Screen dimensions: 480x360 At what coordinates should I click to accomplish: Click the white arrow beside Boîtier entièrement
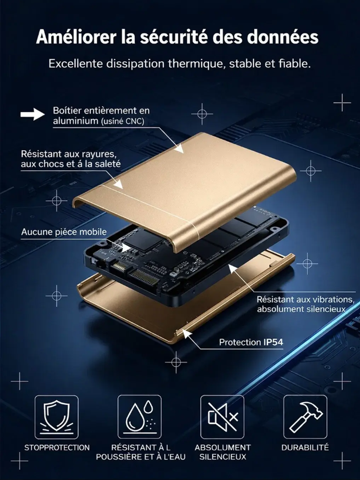[x=32, y=114]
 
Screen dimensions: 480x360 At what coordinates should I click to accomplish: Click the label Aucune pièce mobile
[x=64, y=232]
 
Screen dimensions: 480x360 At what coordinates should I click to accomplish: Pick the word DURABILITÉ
[x=305, y=447]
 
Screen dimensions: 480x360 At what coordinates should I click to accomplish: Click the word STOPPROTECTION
[x=57, y=447]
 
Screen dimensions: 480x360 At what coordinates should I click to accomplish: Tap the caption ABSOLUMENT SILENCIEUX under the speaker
[x=222, y=452]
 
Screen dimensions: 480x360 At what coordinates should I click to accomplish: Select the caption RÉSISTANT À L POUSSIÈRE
[x=140, y=452]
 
